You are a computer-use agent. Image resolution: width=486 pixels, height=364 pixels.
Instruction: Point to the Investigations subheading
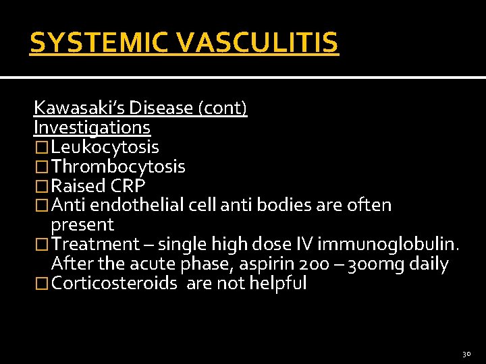pos(92,127)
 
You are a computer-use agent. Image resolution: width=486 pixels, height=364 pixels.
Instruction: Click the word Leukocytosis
pos(105,147)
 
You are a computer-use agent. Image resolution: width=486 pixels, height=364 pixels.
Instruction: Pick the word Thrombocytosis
pos(118,166)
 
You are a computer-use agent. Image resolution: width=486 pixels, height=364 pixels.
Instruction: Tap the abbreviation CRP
pos(128,186)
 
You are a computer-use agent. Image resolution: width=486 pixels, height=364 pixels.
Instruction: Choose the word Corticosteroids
pos(115,283)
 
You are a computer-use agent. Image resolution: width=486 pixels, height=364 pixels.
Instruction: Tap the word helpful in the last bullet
pos(277,283)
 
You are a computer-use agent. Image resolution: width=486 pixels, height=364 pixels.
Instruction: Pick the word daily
pos(429,264)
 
